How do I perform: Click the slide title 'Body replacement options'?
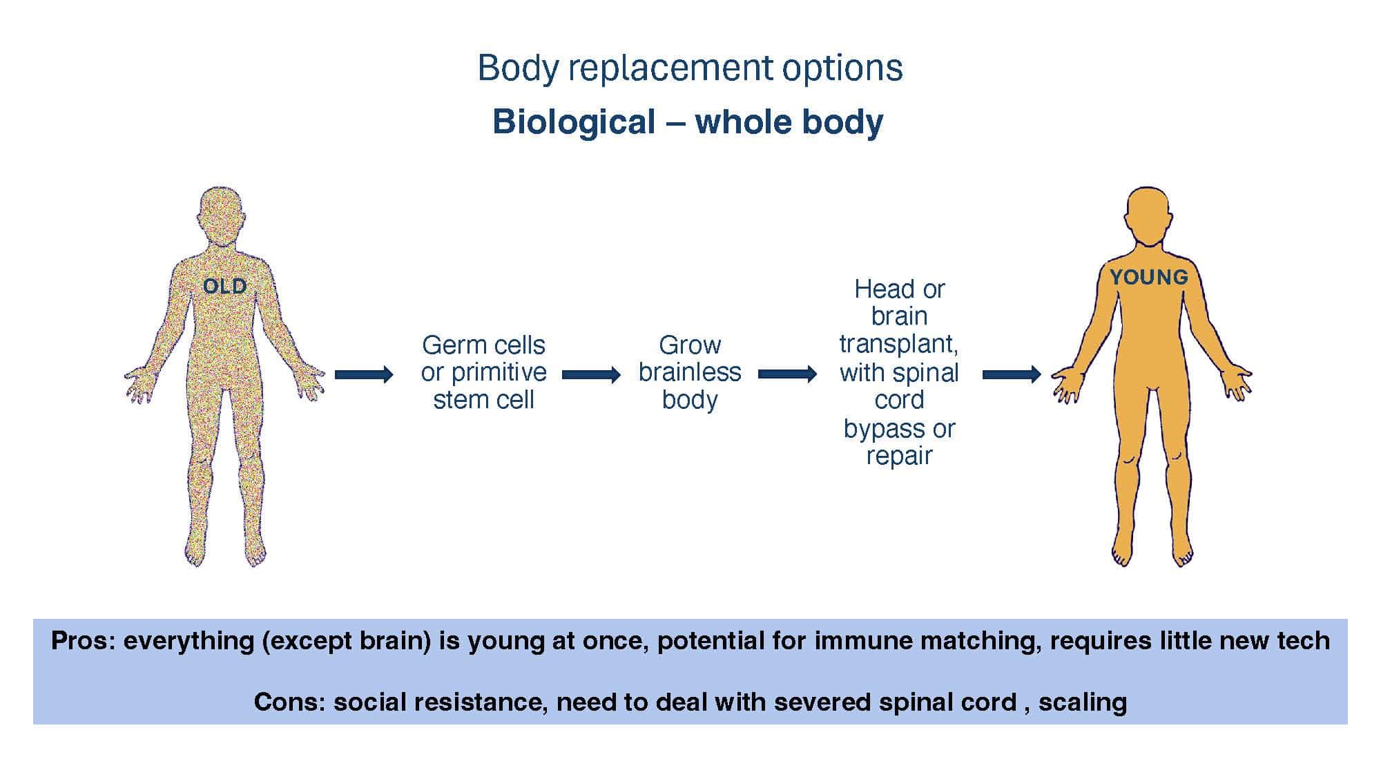pyautogui.click(x=690, y=68)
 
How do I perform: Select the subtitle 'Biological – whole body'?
pyautogui.click(x=688, y=122)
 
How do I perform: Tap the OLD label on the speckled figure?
pyautogui.click(x=224, y=286)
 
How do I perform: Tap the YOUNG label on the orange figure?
pyautogui.click(x=1149, y=277)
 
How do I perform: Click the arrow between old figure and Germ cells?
pyautogui.click(x=364, y=375)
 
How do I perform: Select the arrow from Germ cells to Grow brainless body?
pyautogui.click(x=591, y=375)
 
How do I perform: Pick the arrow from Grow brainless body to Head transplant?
pyautogui.click(x=787, y=374)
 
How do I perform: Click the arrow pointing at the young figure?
pyautogui.click(x=1012, y=374)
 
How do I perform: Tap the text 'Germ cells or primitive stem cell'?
pyautogui.click(x=483, y=372)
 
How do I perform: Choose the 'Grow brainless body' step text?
pyautogui.click(x=690, y=372)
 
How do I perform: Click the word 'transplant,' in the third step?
pyautogui.click(x=898, y=344)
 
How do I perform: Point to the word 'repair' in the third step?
pyautogui.click(x=899, y=456)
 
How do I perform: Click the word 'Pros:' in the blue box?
pyautogui.click(x=83, y=641)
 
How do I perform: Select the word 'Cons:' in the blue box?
pyautogui.click(x=289, y=702)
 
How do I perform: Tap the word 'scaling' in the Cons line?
pyautogui.click(x=1082, y=702)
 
